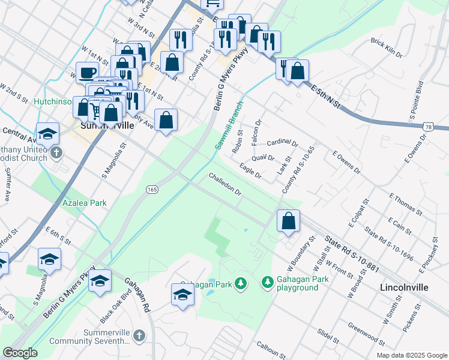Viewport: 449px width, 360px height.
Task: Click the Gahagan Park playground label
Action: point(297,284)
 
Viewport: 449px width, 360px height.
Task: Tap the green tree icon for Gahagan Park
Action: point(241,282)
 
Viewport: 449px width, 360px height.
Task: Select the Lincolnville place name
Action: point(404,287)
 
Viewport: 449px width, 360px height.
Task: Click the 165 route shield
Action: point(152,189)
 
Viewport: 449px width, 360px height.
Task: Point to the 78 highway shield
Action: point(427,127)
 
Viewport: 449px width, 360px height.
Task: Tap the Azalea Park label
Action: point(85,203)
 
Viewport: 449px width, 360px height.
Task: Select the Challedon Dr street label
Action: point(225,185)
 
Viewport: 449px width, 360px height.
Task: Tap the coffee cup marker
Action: point(86,73)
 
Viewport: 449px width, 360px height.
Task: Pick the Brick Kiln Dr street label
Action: point(387,47)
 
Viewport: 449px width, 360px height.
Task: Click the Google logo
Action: point(20,353)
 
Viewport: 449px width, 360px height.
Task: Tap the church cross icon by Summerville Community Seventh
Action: point(139,335)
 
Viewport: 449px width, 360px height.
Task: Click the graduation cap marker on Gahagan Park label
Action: point(182,295)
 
